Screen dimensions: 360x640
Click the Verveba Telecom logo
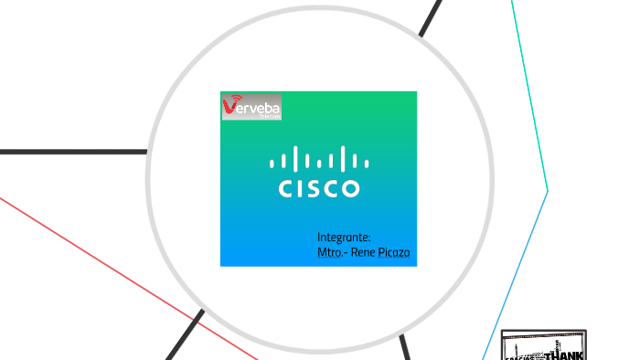point(251,106)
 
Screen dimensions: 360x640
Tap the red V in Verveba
point(229,108)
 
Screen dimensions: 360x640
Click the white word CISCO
point(318,189)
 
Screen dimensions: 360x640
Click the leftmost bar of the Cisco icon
point(272,164)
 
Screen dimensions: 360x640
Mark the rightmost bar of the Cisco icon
point(367,164)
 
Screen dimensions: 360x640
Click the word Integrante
point(343,237)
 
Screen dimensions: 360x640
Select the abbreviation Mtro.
point(332,251)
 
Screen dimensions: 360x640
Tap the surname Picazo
point(395,251)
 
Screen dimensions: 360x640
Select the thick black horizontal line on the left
point(73,152)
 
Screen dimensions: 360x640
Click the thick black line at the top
point(431,17)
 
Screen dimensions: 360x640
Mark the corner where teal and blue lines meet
point(548,190)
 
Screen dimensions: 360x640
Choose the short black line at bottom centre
point(405,347)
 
